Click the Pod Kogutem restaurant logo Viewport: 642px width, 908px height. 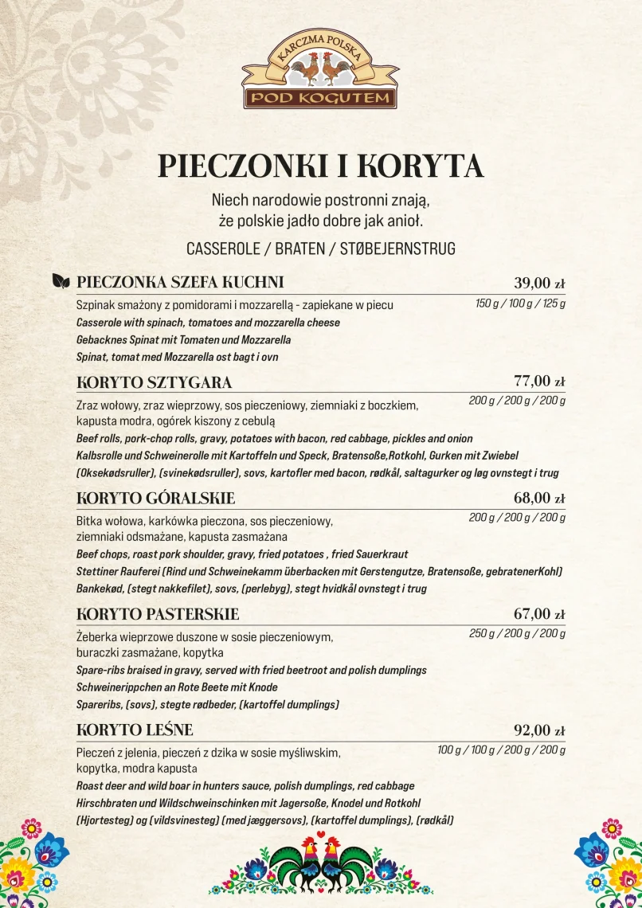tap(320, 71)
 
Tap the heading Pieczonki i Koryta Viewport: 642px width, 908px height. tap(320, 166)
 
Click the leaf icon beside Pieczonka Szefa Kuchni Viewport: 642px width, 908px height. tap(61, 282)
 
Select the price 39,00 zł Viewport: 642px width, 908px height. tap(539, 283)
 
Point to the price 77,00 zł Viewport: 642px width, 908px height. tap(539, 381)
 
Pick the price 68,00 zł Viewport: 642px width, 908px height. tap(539, 498)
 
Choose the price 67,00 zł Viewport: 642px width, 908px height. tap(539, 614)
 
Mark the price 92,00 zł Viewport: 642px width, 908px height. tap(539, 730)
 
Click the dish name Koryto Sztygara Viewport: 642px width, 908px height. tap(154, 382)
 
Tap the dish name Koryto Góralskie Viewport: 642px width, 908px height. tap(155, 499)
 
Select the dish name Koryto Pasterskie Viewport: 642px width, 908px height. tap(158, 615)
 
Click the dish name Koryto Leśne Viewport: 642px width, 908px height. tap(135, 730)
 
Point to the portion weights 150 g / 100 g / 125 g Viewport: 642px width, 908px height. tap(520, 303)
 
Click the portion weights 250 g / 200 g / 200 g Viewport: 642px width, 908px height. tap(517, 634)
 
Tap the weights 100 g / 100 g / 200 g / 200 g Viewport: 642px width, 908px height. tap(501, 750)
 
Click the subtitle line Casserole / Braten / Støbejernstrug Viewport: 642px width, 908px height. tap(320, 249)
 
